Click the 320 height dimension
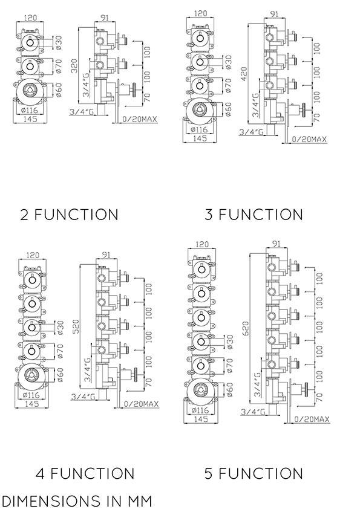point(74,65)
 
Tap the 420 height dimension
point(244,74)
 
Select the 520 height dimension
point(76,326)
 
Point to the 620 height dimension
point(246,328)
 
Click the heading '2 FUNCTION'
point(69,215)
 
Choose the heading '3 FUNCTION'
point(254,215)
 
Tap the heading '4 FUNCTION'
point(85,473)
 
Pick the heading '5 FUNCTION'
point(254,473)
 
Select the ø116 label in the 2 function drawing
point(29,110)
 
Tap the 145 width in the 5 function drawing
point(201,419)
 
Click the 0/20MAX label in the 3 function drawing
point(309,139)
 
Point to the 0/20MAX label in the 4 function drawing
point(141,404)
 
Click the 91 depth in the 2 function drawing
point(105,18)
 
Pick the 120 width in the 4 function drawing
point(32,255)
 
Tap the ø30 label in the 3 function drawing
point(228,62)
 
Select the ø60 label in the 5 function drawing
point(229,389)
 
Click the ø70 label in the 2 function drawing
point(59,65)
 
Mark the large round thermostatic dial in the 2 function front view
point(30,90)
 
